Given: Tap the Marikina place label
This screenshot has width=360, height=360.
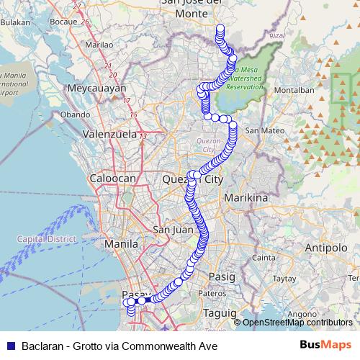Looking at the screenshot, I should click(246, 197).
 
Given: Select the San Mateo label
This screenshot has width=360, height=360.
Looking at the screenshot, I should click(262, 131).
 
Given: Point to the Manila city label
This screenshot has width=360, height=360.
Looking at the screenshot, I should click(121, 244).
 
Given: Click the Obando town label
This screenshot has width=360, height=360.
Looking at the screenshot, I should click(75, 114).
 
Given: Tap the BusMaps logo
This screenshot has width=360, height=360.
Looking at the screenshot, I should click(326, 344).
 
